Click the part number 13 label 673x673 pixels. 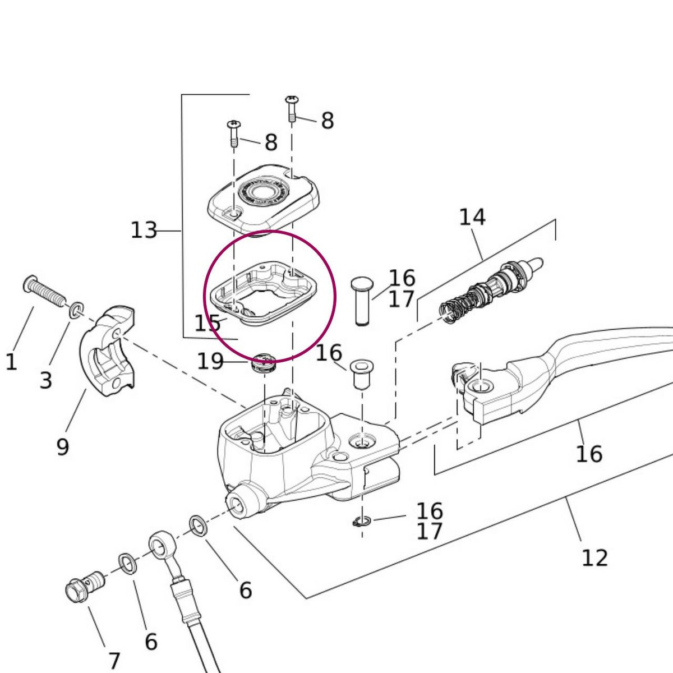click(144, 230)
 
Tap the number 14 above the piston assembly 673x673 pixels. click(472, 217)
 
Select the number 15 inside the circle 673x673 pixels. click(207, 323)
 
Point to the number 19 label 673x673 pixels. click(210, 362)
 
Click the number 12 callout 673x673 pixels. click(594, 558)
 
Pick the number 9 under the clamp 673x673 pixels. click(63, 446)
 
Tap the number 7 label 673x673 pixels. click(114, 661)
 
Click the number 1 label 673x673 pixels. click(11, 362)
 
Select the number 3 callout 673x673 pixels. click(46, 380)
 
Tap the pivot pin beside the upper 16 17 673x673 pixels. click(362, 300)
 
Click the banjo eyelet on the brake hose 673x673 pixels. click(162, 543)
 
